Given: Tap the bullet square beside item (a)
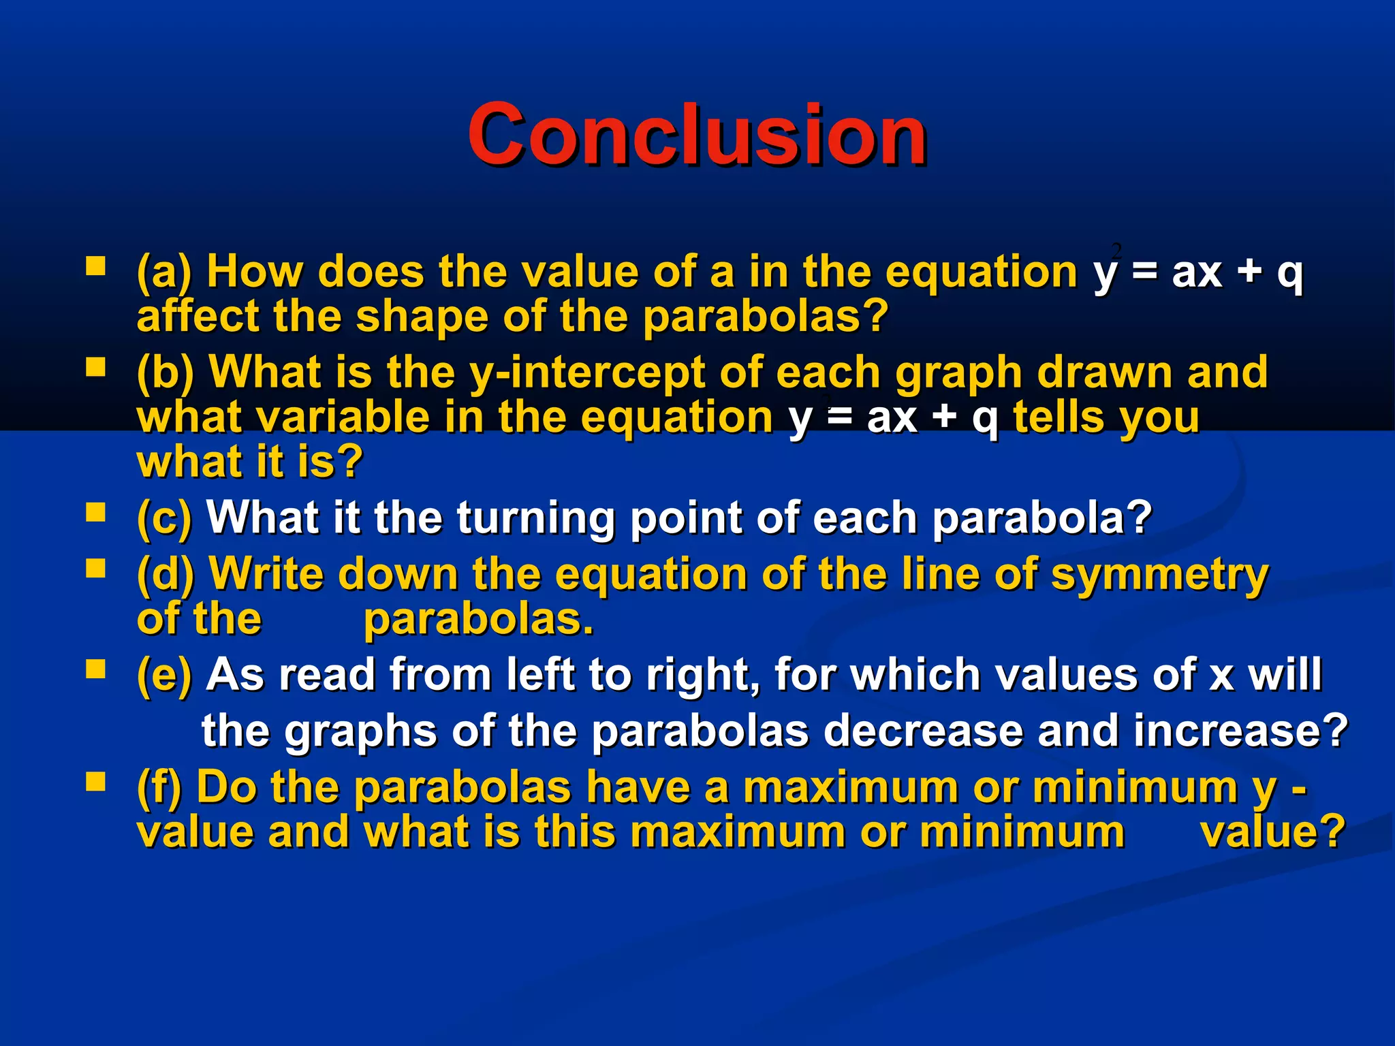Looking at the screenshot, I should pyautogui.click(x=95, y=266).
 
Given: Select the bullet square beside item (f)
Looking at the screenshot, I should pyautogui.click(x=95, y=782).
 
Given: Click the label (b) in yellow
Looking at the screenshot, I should pyautogui.click(x=166, y=373).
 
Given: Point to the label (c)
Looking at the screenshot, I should pyautogui.click(x=164, y=518).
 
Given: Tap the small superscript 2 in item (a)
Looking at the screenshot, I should pyautogui.click(x=1116, y=249).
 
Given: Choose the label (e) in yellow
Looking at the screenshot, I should pyautogui.click(x=164, y=675).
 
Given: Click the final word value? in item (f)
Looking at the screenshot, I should pyautogui.click(x=1272, y=832).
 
